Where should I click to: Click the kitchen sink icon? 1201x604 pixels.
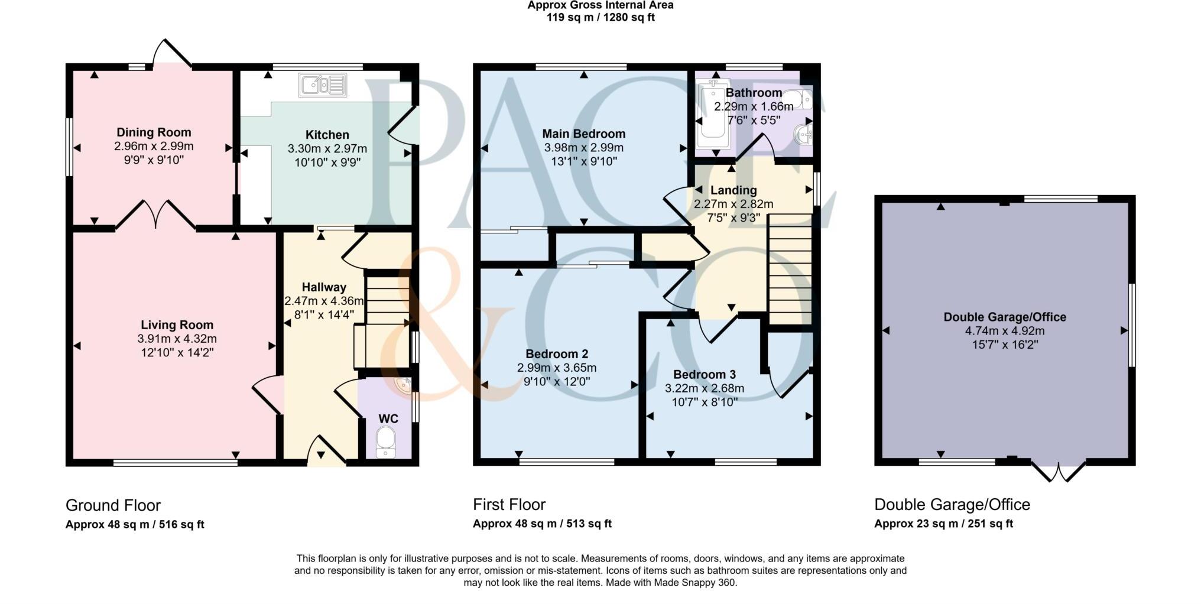[x=323, y=85]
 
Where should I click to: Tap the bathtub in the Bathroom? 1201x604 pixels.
[x=713, y=116]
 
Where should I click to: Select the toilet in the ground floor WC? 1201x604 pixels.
[x=385, y=443]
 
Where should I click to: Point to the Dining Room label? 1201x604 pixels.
[x=154, y=132]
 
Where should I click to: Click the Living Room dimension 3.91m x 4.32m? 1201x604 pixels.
[x=177, y=339]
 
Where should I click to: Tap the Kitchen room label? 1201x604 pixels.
[x=327, y=135]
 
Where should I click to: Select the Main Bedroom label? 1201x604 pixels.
[x=584, y=134]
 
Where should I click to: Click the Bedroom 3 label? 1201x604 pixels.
[x=705, y=375]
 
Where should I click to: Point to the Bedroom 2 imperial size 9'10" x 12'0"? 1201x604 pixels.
[x=557, y=382]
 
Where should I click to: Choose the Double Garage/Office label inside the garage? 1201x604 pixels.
[x=1005, y=317]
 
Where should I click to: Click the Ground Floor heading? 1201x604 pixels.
[x=113, y=505]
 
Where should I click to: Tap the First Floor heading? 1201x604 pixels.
[x=509, y=505]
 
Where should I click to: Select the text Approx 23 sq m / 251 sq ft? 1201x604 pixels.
[x=943, y=524]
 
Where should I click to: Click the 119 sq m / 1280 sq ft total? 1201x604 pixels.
[x=600, y=18]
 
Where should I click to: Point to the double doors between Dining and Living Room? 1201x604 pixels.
[x=155, y=214]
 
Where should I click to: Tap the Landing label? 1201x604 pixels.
[x=733, y=190]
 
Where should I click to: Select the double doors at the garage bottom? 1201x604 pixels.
[x=1059, y=471]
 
